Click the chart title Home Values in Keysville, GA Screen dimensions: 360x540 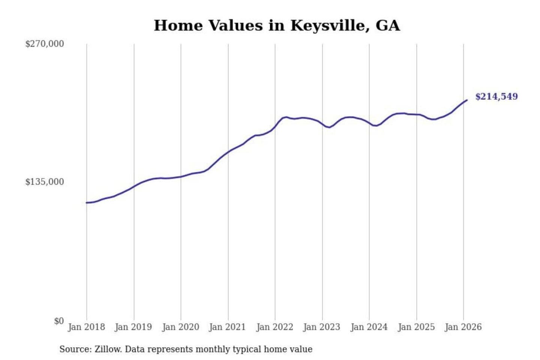click(x=277, y=25)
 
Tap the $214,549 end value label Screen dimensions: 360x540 click(x=496, y=96)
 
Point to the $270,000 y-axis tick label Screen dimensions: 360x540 click(x=45, y=44)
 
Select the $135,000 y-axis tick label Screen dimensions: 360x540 click(x=45, y=182)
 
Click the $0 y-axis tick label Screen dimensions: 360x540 click(x=59, y=321)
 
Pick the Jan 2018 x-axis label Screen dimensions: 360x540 click(x=86, y=327)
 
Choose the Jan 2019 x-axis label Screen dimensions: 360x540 click(x=133, y=327)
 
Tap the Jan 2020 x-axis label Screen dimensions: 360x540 click(x=180, y=327)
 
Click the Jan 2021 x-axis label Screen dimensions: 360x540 click(x=227, y=327)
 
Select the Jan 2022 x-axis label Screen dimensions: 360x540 click(x=274, y=327)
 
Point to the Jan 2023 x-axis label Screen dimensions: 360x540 click(x=321, y=327)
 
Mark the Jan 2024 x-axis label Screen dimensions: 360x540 click(x=369, y=327)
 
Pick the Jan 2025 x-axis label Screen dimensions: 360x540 click(x=416, y=327)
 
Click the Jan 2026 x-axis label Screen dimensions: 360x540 click(x=463, y=327)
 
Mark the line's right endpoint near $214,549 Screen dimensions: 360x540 click(x=467, y=100)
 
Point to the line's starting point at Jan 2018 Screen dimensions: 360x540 click(x=87, y=202)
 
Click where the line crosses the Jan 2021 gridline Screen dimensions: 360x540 click(x=228, y=152)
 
